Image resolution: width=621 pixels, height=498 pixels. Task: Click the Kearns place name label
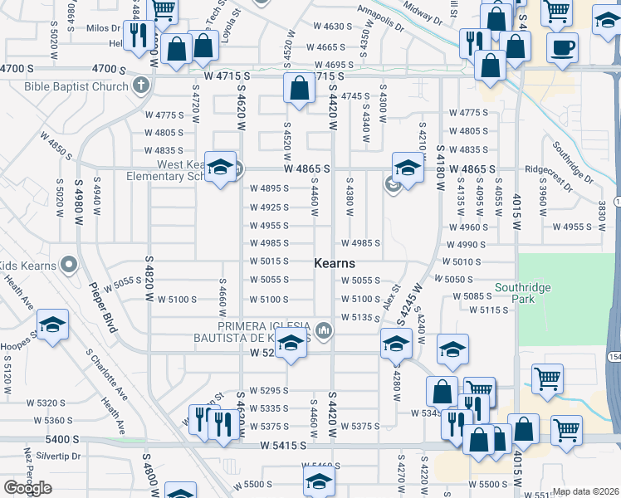pyautogui.click(x=335, y=263)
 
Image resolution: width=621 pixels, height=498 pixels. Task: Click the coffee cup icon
pyautogui.click(x=562, y=48)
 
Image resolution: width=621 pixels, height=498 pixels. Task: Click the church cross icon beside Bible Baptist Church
pyautogui.click(x=142, y=85)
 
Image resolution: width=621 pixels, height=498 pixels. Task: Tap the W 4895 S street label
pyautogui.click(x=269, y=188)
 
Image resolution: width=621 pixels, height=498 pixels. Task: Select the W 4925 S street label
pyautogui.click(x=269, y=207)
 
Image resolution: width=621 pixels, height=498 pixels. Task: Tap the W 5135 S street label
pyautogui.click(x=359, y=317)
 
